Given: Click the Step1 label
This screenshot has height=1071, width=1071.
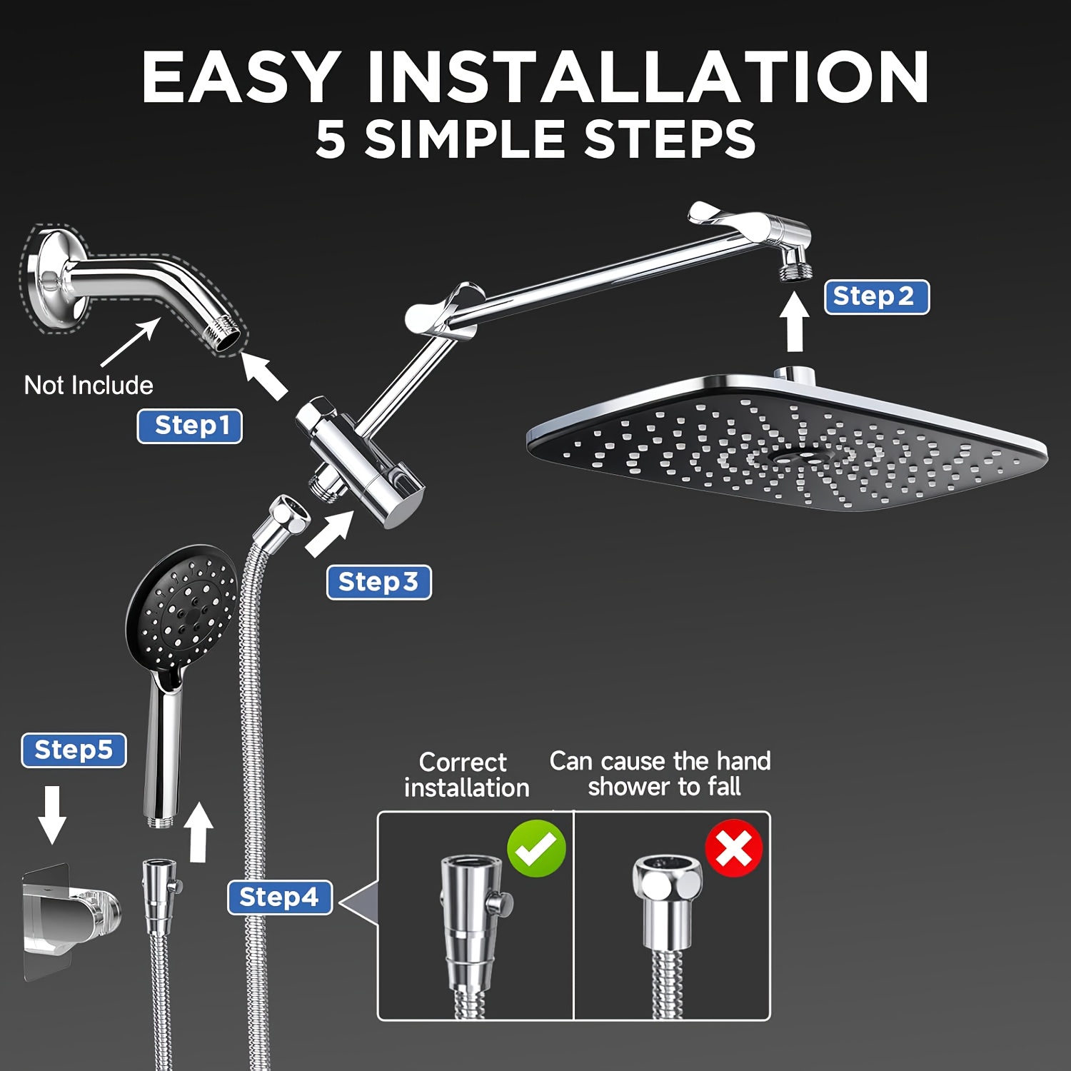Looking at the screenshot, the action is tap(190, 426).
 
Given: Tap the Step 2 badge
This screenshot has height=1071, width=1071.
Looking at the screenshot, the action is tap(877, 297).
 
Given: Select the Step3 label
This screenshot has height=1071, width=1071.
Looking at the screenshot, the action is tap(379, 583).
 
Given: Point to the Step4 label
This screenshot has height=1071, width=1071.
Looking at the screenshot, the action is tap(280, 897).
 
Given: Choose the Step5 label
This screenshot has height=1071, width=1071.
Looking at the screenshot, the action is tap(74, 750).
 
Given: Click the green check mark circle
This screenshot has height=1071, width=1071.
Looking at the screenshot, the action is tap(536, 848).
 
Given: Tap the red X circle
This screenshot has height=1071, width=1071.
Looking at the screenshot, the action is tap(734, 848).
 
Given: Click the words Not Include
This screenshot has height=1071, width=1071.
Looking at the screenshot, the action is tap(89, 386).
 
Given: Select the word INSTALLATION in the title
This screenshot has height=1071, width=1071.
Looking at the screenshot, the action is tap(648, 77).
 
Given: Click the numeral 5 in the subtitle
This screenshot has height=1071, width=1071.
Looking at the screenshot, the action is tap(331, 139).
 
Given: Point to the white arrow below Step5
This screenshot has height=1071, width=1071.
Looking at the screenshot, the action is tap(52, 815).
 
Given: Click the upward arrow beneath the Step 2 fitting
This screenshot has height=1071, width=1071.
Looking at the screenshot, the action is tap(794, 323).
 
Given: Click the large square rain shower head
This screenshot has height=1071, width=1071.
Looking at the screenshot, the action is tap(785, 443).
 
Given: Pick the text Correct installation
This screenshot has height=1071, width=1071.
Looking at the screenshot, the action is tap(466, 775).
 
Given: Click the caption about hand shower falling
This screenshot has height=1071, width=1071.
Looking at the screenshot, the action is tap(660, 773).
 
